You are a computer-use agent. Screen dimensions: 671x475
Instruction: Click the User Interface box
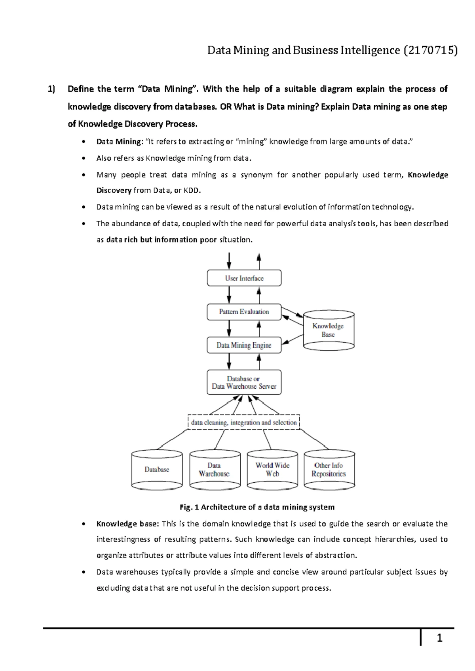[x=244, y=278]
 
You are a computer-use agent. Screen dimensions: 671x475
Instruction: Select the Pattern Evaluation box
[x=244, y=312]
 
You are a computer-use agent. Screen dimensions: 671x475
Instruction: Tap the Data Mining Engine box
[x=244, y=345]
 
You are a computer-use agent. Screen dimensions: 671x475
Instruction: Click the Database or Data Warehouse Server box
[x=244, y=383]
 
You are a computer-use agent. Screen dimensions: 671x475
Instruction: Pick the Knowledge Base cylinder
[x=328, y=330]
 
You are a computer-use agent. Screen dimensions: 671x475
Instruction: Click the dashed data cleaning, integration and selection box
[x=244, y=423]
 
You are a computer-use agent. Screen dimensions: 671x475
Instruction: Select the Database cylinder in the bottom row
[x=157, y=470]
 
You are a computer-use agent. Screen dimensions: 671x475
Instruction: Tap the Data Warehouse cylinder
[x=215, y=470]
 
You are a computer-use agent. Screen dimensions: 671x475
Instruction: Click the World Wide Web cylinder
[x=272, y=470]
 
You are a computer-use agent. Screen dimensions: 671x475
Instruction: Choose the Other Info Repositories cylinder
[x=329, y=470]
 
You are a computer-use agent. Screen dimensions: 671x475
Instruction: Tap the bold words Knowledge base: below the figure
[x=127, y=524]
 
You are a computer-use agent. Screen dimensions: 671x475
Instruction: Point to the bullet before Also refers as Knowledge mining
[x=82, y=158]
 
